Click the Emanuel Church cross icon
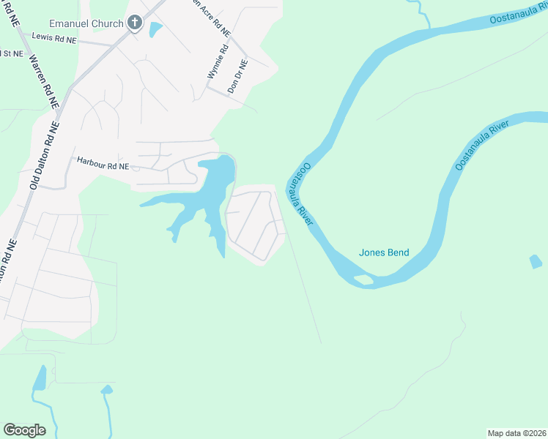click(134, 23)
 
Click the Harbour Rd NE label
click(103, 166)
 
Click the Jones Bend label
click(384, 253)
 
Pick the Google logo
click(24, 430)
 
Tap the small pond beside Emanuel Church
click(155, 29)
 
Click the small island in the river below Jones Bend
click(362, 279)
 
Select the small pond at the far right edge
click(536, 261)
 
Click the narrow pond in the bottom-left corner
click(40, 378)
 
